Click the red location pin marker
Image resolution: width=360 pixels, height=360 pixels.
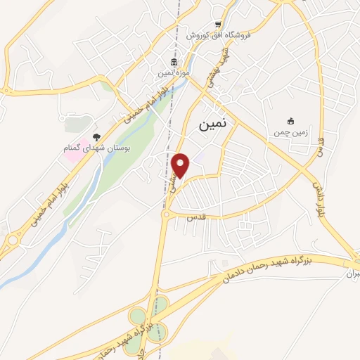tap(181, 165)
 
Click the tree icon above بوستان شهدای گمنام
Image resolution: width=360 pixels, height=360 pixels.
tap(96, 138)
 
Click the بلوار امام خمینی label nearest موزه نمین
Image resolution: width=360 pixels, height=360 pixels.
tap(143, 103)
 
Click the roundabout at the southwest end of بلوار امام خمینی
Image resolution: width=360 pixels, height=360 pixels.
tap(11, 240)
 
